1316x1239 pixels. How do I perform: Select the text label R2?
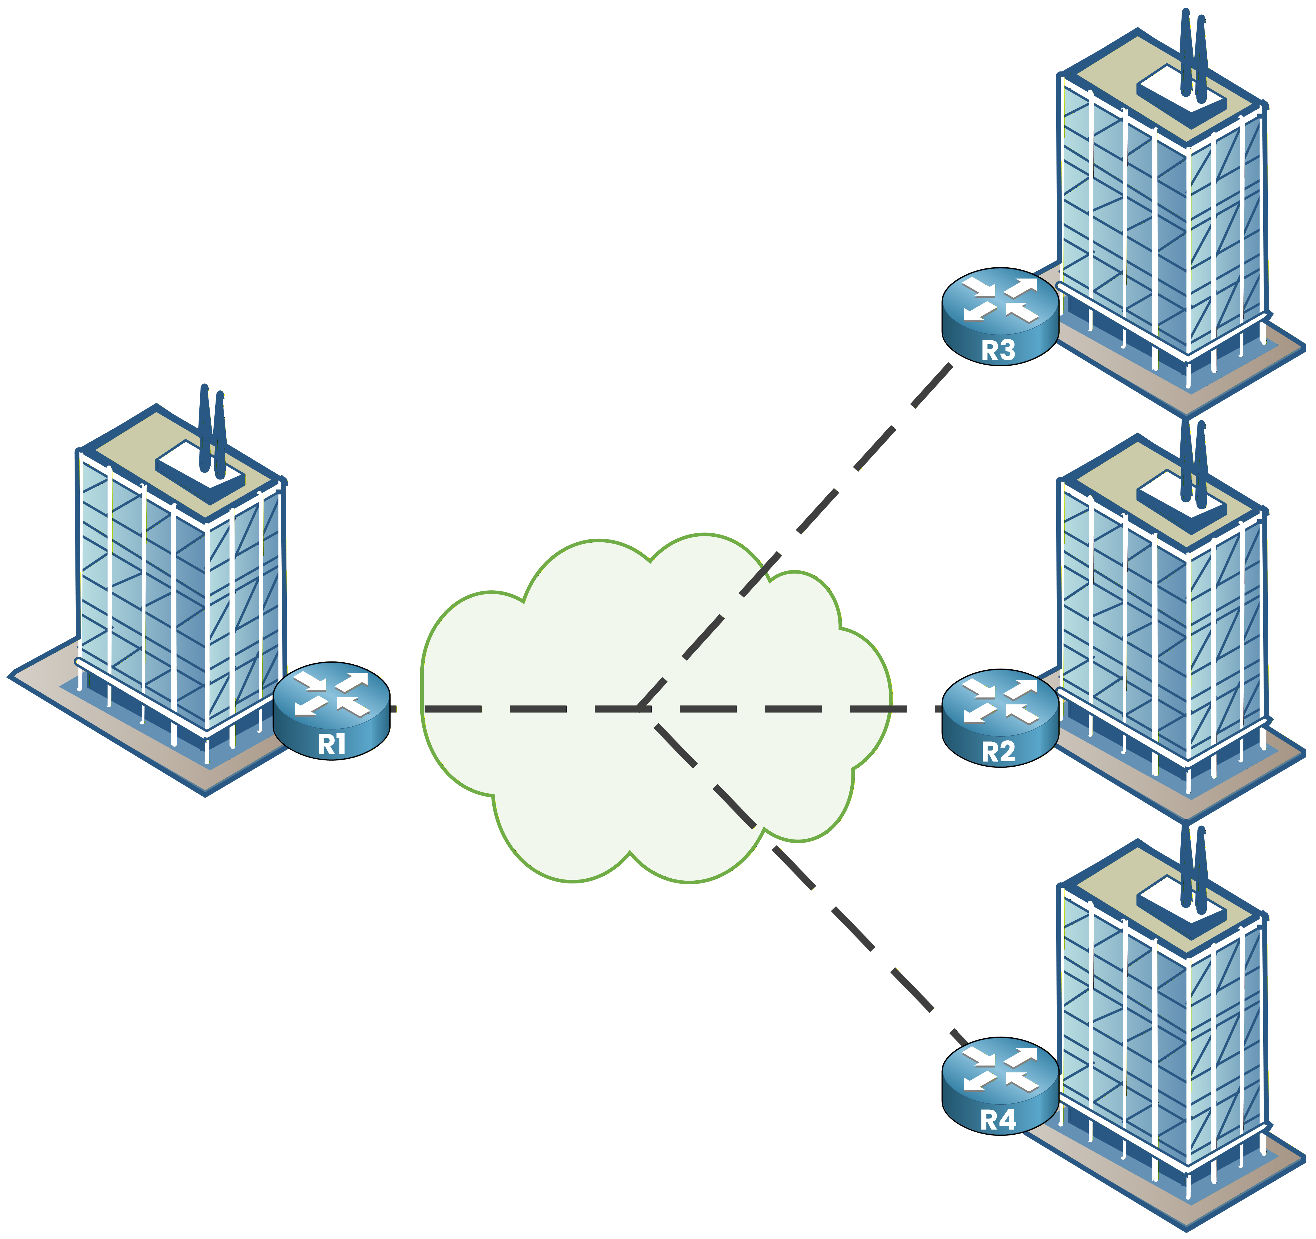pyautogui.click(x=998, y=752)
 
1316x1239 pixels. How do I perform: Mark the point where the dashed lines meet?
pyautogui.click(x=641, y=709)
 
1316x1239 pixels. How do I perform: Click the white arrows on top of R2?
pyautogui.click(x=999, y=701)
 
